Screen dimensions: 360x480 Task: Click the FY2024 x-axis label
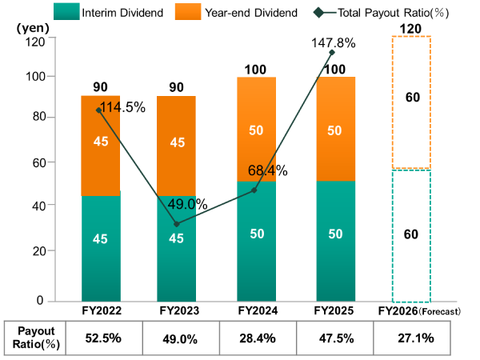[x=255, y=310]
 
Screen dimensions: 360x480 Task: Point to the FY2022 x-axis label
[x=101, y=310]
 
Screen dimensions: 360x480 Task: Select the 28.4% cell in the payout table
[x=256, y=338]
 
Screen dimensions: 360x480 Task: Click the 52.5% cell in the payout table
[x=102, y=338]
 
